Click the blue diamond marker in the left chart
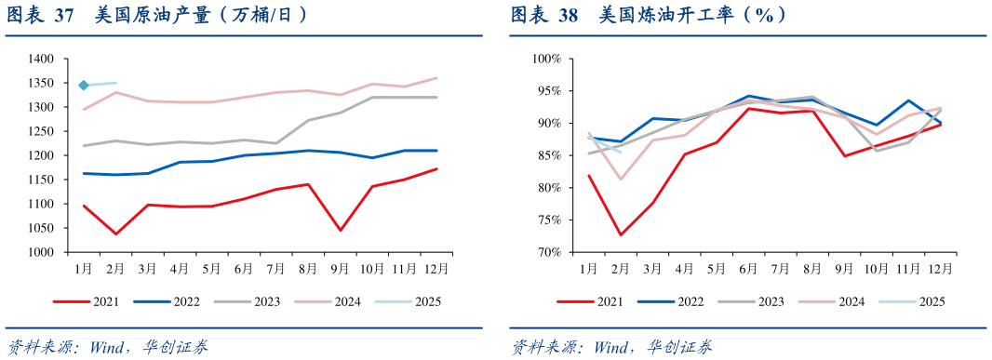pyautogui.click(x=84, y=86)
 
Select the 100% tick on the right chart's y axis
pyautogui.click(x=545, y=59)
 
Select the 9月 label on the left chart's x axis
pyautogui.click(x=340, y=269)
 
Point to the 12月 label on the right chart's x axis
pyautogui.click(x=940, y=269)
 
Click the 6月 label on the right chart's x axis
pyautogui.click(x=748, y=269)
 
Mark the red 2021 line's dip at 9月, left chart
pyautogui.click(x=341, y=230)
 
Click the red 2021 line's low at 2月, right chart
pyautogui.click(x=620, y=234)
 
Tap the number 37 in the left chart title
pyautogui.click(x=64, y=15)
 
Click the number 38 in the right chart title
pyautogui.click(x=567, y=15)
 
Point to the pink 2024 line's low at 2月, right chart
pyautogui.click(x=620, y=179)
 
